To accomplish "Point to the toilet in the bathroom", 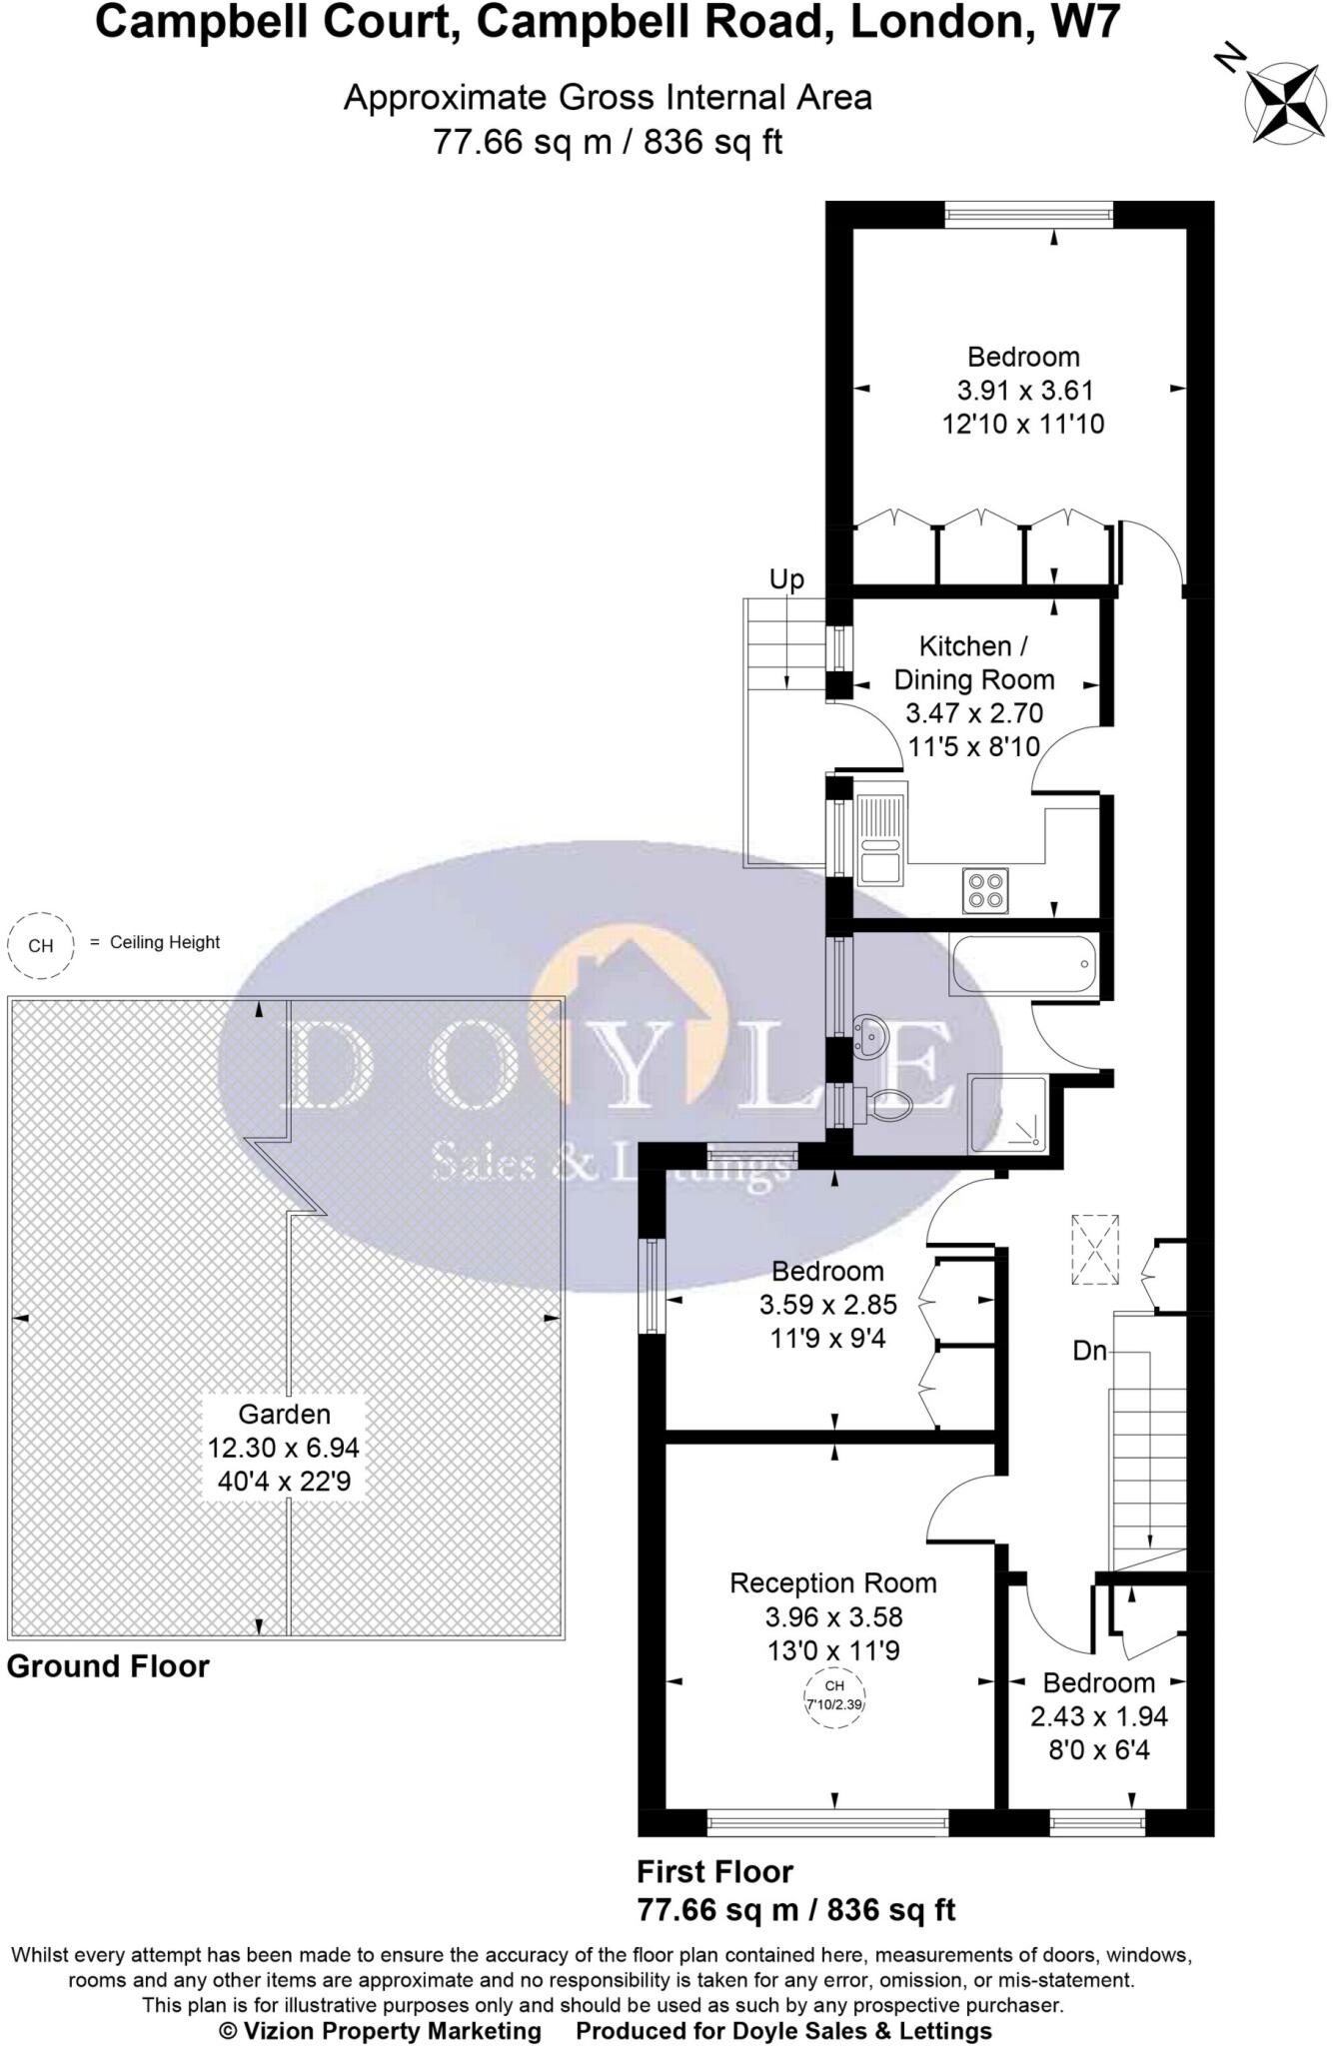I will [x=884, y=1106].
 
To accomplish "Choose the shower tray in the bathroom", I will [x=1007, y=1113].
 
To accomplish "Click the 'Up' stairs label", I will [x=786, y=579].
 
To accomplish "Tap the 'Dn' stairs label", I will [x=1089, y=1351].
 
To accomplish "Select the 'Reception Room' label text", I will [x=833, y=1582].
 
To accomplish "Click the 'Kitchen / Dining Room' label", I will [x=973, y=662].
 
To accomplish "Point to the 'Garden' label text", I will [x=284, y=1414].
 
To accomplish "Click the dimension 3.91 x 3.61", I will [x=1023, y=391].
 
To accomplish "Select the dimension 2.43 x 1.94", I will [x=1098, y=1716].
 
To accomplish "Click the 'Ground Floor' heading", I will [x=108, y=1666].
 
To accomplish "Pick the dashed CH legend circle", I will [x=41, y=945].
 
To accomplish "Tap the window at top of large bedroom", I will [x=1029, y=214].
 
